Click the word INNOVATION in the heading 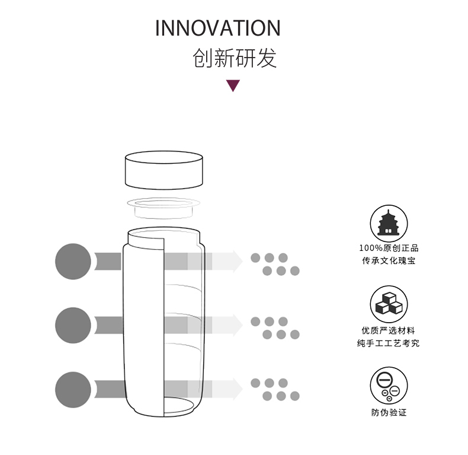tap(217, 28)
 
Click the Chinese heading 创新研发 tap(235, 58)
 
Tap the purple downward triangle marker tap(233, 85)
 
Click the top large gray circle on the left tap(73, 261)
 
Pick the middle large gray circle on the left tap(73, 324)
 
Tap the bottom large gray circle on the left tap(73, 389)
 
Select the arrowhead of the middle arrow tap(238, 324)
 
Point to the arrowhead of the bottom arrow tap(238, 389)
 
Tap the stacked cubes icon tap(389, 304)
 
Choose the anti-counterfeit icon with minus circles tap(389, 385)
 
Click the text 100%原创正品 tap(389, 248)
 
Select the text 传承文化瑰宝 tap(389, 260)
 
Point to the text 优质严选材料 tap(389, 330)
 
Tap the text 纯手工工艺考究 tap(389, 343)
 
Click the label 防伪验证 tap(389, 412)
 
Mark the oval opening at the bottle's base tap(181, 406)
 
